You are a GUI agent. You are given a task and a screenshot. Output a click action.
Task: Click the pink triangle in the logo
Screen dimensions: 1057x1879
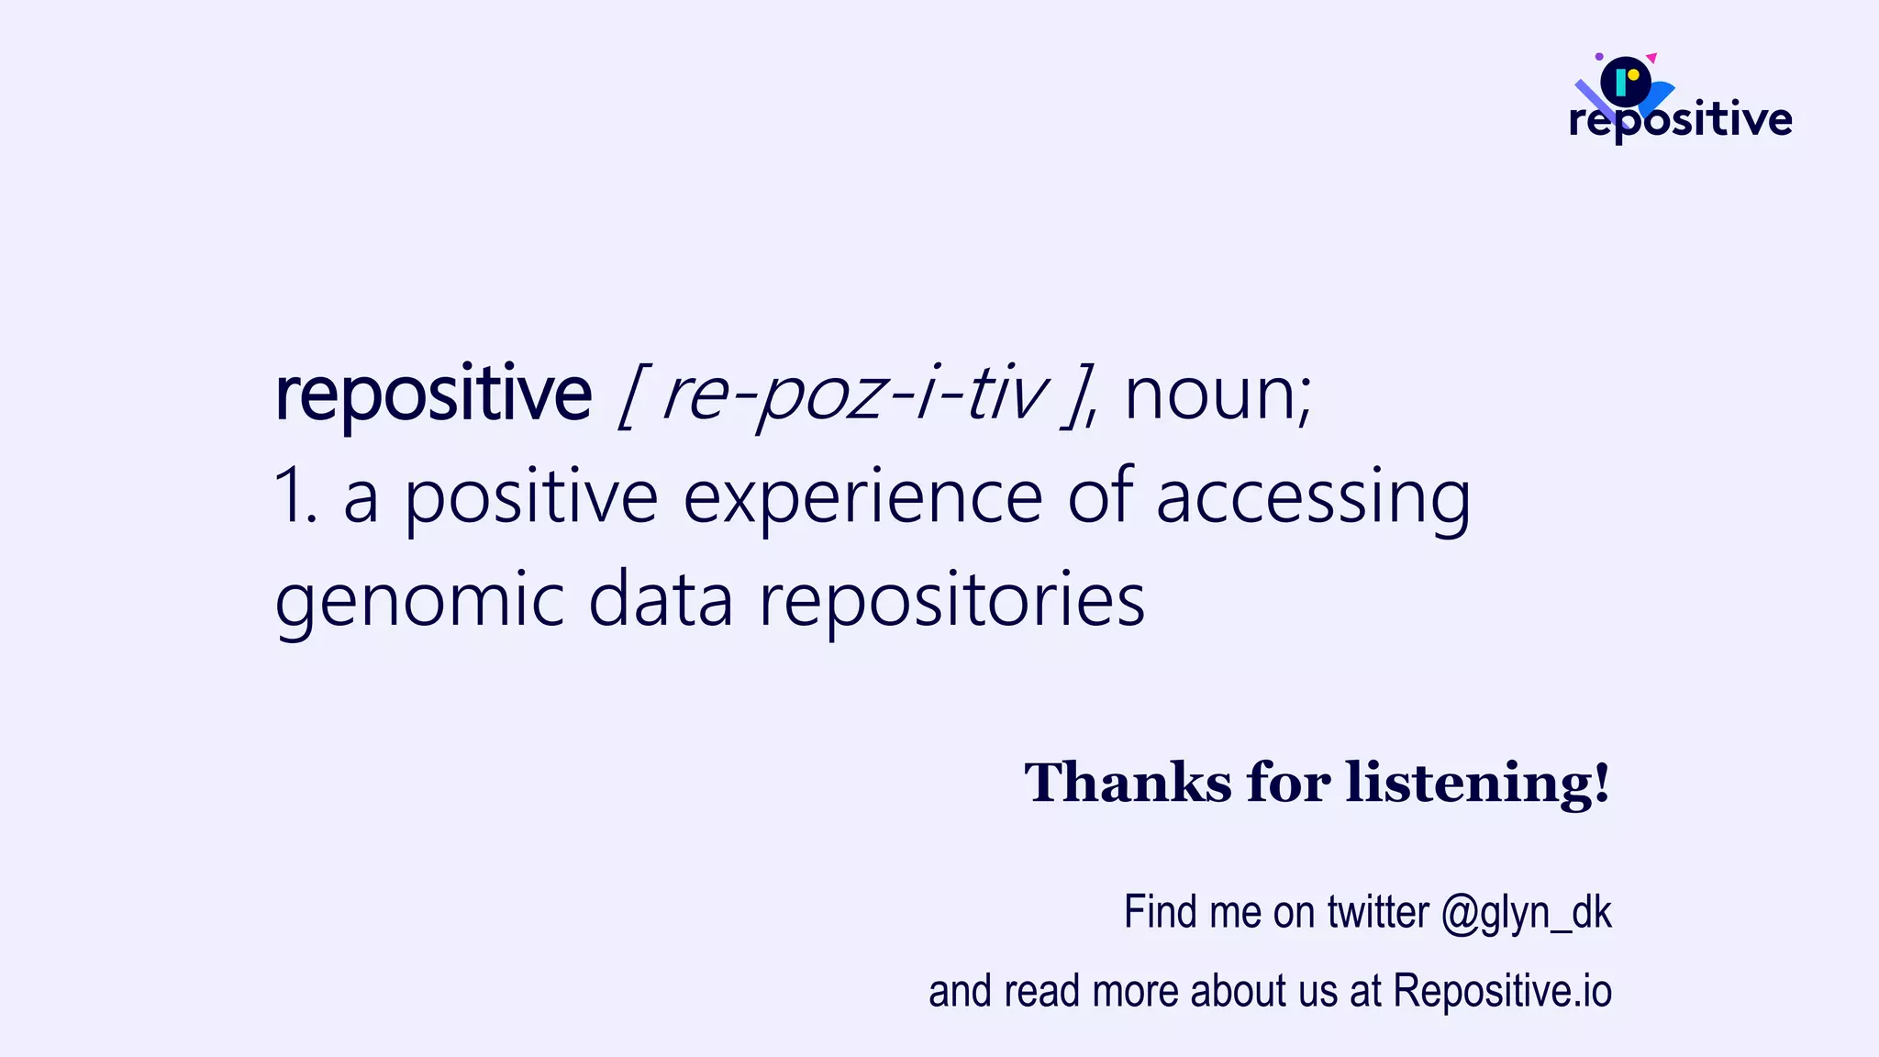coord(1651,58)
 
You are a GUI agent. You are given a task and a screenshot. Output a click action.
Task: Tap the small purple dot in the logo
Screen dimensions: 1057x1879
coord(1599,57)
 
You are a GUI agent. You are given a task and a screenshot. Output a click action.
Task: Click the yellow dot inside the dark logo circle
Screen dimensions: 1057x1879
coord(1633,75)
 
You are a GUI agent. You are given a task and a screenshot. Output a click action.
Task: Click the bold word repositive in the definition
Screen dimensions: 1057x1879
coord(433,395)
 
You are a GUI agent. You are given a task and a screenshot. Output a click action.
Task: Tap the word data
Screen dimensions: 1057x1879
coord(661,600)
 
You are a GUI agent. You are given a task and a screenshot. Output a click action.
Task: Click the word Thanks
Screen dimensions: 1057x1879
coord(1128,783)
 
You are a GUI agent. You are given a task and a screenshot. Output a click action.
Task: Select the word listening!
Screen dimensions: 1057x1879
coord(1477,783)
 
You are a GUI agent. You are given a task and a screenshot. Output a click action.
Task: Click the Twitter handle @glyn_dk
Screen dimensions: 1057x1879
coord(1526,913)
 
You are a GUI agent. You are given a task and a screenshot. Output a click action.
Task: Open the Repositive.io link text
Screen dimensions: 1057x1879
coord(1502,991)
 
